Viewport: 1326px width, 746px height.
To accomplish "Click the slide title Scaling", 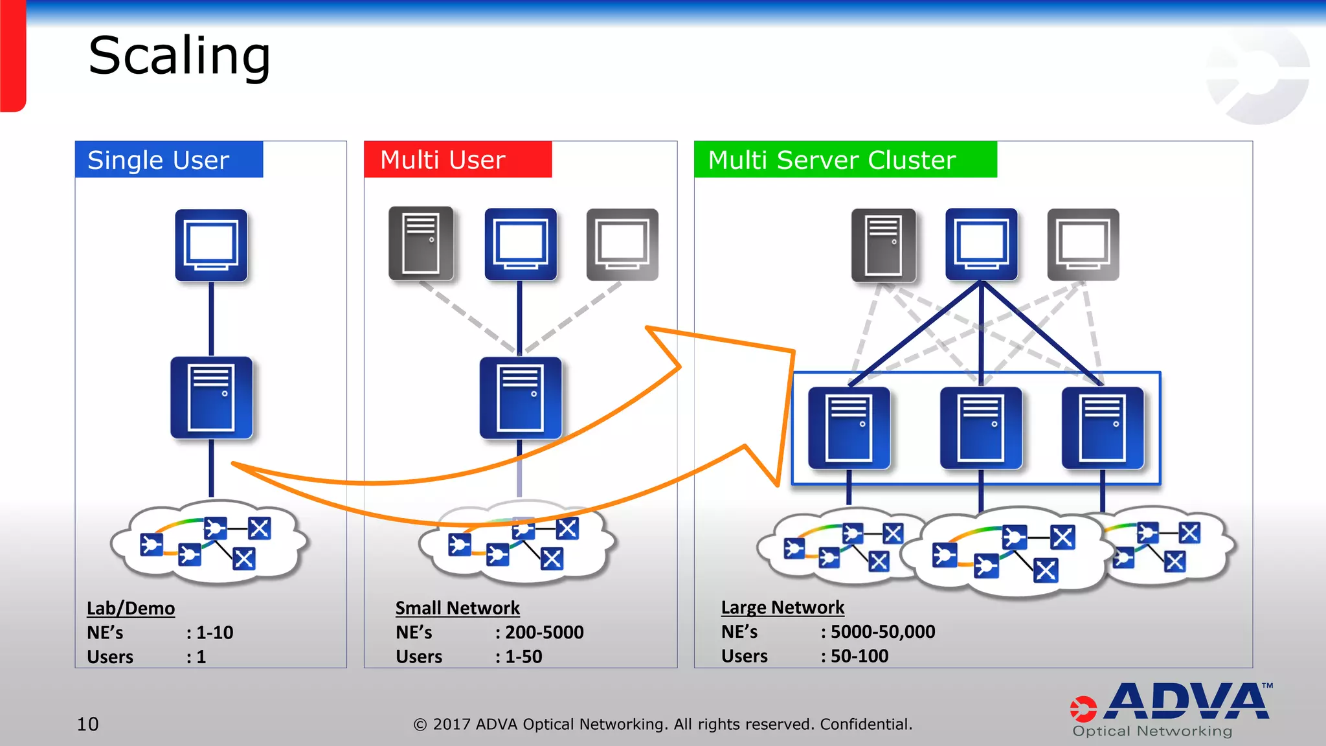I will (x=179, y=57).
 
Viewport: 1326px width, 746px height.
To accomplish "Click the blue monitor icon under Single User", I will (x=211, y=245).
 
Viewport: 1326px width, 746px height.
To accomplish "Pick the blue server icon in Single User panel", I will (x=211, y=398).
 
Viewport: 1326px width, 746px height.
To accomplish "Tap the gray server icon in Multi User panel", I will (x=421, y=244).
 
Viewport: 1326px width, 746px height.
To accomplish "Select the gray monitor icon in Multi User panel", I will (x=622, y=245).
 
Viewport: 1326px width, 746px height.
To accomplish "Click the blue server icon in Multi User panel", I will (x=520, y=398).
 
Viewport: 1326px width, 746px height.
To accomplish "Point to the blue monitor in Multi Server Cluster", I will (x=981, y=244).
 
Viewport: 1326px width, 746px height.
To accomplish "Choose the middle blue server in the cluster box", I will (x=981, y=428).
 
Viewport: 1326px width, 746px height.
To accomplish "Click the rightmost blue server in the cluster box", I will (x=1103, y=428).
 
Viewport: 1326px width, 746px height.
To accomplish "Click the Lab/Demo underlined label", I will (x=131, y=609).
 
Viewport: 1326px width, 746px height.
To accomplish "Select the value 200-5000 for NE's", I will (x=544, y=633).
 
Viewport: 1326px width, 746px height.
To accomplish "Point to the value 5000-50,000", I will (x=882, y=632).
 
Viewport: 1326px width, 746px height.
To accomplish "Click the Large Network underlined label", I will (x=782, y=608).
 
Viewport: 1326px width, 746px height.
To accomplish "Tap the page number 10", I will (x=88, y=724).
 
